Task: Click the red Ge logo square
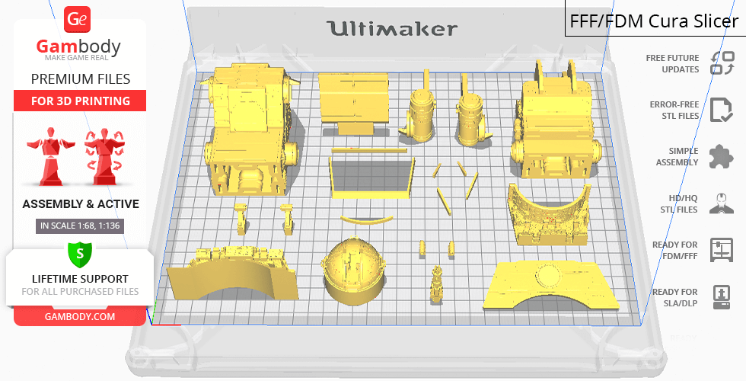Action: (77, 20)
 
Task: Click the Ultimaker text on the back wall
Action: (392, 29)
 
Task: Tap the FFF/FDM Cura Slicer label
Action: (654, 21)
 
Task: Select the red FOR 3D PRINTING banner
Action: (80, 101)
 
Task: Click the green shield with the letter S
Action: (80, 255)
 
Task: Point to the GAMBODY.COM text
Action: (80, 317)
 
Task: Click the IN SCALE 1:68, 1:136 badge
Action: (80, 226)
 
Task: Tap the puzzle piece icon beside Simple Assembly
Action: (721, 156)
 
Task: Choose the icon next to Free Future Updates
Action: (722, 63)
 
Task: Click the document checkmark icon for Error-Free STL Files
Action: (721, 110)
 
